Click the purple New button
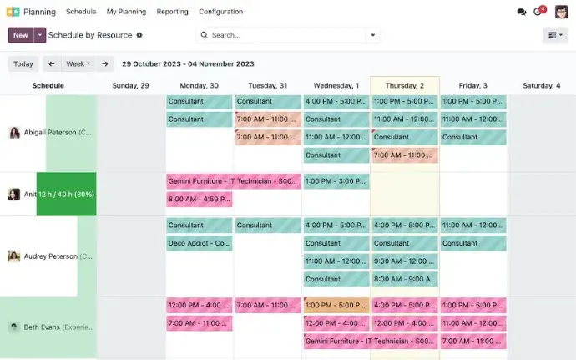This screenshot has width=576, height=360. [x=20, y=35]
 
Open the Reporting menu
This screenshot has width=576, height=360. [x=171, y=12]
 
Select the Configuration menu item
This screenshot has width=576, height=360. [x=220, y=12]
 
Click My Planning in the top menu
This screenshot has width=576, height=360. [x=126, y=12]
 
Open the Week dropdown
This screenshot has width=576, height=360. [x=78, y=63]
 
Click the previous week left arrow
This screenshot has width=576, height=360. [x=51, y=63]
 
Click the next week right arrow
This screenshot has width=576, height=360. [x=105, y=63]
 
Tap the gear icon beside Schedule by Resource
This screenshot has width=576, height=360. [x=139, y=35]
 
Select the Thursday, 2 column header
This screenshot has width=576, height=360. [x=404, y=85]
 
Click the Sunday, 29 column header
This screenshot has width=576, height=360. [x=131, y=85]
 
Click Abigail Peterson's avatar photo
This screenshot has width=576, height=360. [x=14, y=133]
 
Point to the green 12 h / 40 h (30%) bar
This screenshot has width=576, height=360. [x=66, y=195]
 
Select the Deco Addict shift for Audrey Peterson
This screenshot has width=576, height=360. [x=200, y=243]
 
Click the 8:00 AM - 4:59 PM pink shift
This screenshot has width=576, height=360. [x=200, y=199]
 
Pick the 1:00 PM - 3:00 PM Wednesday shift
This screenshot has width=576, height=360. [x=336, y=181]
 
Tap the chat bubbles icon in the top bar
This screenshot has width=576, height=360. [x=522, y=12]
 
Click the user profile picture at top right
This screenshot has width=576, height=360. [x=561, y=12]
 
